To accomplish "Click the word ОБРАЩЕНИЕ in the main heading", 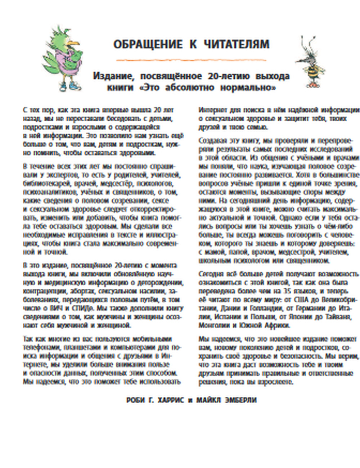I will (148, 44).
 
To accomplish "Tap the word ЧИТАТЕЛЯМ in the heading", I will (237, 44).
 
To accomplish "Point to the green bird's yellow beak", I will (73, 42).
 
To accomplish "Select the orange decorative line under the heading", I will (191, 59).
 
